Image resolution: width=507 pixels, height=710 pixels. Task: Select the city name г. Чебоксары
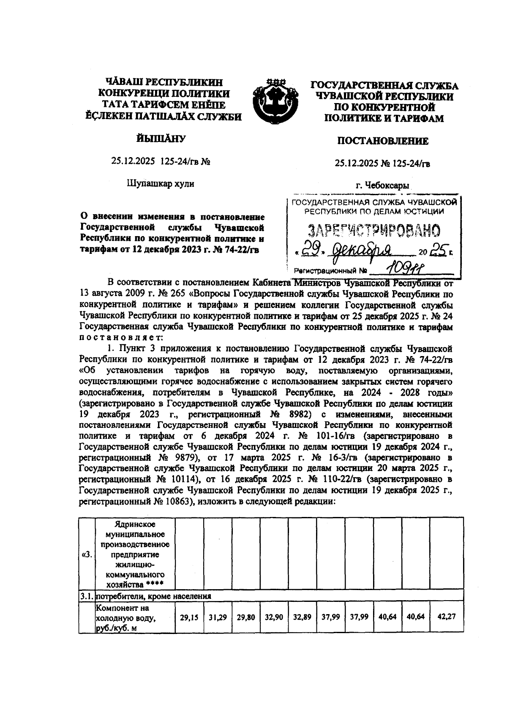pos(382,185)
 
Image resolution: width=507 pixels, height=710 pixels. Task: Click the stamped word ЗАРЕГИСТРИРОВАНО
pos(373,231)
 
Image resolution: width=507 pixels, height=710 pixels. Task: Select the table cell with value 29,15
pos(189,617)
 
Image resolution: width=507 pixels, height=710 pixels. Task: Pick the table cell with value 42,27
pos(446,617)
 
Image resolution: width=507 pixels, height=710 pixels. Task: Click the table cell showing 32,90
pos(274,617)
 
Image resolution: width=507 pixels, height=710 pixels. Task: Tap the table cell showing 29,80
pos(245,617)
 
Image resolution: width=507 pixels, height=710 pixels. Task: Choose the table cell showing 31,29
pos(218,617)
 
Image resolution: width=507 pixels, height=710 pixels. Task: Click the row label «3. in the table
pos(87,555)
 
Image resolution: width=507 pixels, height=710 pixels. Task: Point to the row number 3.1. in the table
pos(87,597)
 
